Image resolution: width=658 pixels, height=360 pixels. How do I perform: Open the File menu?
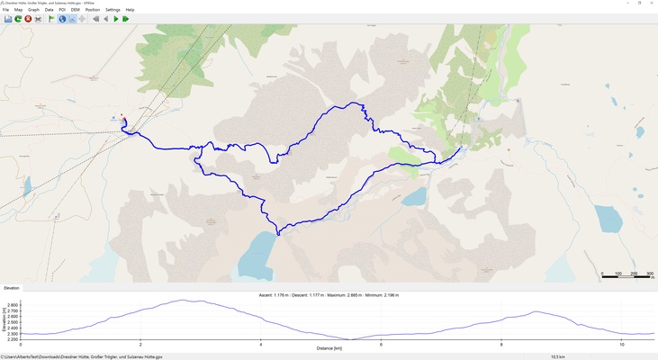pyautogui.click(x=5, y=10)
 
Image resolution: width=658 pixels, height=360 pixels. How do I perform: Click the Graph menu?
pyautogui.click(x=33, y=10)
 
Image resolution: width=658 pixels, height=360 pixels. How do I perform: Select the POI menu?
pyautogui.click(x=62, y=10)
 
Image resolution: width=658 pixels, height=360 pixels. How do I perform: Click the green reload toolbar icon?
pyautogui.click(x=18, y=19)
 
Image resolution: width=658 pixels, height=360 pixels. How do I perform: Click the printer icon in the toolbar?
pyautogui.click(x=38, y=19)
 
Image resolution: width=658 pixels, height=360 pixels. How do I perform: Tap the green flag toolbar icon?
pyautogui.click(x=51, y=19)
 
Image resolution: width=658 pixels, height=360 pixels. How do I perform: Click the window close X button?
pyautogui.click(x=650, y=3)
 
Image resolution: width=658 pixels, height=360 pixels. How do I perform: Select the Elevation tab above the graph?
pyautogui.click(x=12, y=288)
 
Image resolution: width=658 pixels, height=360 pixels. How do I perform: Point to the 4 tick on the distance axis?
pyautogui.click(x=261, y=344)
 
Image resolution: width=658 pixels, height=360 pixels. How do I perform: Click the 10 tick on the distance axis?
pyautogui.click(x=621, y=344)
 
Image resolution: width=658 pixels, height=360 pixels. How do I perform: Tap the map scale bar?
pyautogui.click(x=626, y=277)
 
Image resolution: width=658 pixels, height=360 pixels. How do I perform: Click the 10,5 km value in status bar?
pyautogui.click(x=557, y=356)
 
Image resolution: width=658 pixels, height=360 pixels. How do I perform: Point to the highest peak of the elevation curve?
pyautogui.click(x=184, y=301)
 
